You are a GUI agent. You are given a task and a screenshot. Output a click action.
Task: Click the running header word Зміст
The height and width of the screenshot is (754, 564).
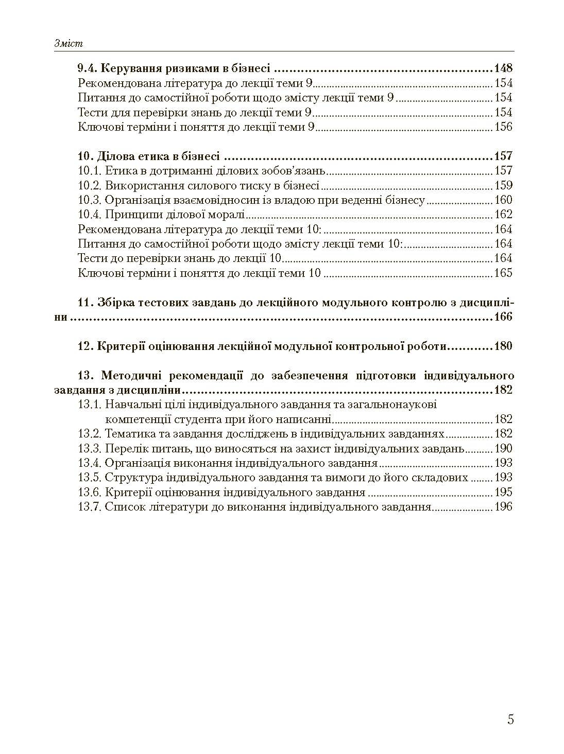(x=69, y=44)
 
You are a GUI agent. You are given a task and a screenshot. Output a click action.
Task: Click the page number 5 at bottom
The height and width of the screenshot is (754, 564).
(x=510, y=719)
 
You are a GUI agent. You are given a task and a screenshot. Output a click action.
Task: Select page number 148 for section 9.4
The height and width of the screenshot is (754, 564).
(x=503, y=68)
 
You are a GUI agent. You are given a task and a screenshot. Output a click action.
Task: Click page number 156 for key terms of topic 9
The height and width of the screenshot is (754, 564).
(x=503, y=127)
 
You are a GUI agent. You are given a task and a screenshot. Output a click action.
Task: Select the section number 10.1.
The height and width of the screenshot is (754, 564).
(x=90, y=171)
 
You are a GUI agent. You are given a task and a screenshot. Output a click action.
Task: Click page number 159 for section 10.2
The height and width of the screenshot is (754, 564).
(x=503, y=185)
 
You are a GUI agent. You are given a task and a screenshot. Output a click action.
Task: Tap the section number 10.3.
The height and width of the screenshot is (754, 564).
(x=90, y=200)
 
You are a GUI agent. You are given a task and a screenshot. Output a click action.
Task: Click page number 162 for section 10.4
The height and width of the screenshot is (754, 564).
(x=503, y=215)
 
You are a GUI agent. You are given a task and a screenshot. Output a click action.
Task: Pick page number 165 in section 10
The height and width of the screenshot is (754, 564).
(x=503, y=273)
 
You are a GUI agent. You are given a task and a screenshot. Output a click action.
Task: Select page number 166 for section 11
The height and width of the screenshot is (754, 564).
(x=503, y=317)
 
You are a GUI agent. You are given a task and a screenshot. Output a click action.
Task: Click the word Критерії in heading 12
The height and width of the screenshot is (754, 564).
(x=119, y=346)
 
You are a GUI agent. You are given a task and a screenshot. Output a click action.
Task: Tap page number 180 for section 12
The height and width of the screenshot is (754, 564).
(x=503, y=346)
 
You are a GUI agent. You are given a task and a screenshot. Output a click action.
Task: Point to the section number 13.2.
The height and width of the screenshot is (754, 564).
(x=90, y=434)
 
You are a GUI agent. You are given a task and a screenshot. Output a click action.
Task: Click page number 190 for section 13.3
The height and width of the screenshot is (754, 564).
(x=503, y=448)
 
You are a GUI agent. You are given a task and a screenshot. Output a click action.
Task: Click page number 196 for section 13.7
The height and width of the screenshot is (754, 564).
(x=503, y=507)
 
